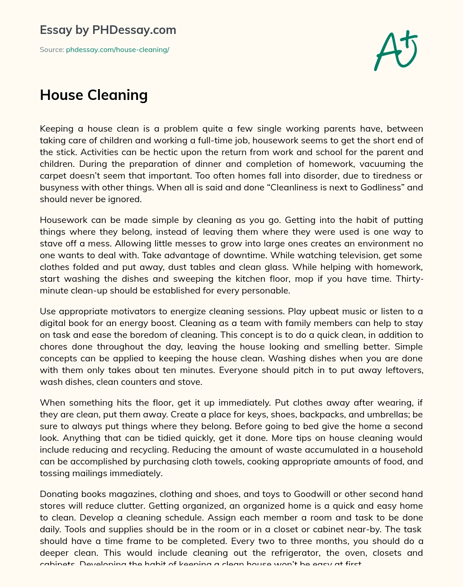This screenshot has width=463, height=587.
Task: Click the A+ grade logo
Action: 396,51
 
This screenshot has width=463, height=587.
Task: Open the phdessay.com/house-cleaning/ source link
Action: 118,50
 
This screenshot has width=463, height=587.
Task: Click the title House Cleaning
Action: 94,95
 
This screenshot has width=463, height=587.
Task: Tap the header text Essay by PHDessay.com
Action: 108,30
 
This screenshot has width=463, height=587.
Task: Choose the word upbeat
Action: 331,311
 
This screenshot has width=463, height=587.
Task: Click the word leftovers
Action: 401,370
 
